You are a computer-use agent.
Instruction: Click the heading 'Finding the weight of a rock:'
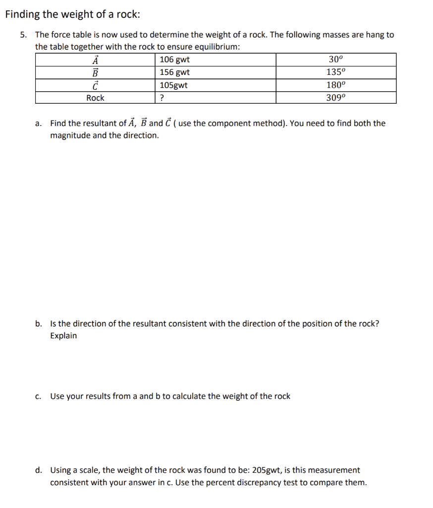point(72,14)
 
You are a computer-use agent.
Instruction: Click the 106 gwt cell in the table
point(174,60)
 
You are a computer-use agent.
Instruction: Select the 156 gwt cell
point(174,72)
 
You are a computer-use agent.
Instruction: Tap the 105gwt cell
point(173,85)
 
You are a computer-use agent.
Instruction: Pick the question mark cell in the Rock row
point(162,98)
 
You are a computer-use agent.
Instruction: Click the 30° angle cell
point(336,60)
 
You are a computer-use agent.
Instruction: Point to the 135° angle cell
point(336,72)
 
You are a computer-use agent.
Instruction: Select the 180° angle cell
point(336,85)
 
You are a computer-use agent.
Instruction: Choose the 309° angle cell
point(336,98)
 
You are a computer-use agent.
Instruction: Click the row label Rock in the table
point(95,98)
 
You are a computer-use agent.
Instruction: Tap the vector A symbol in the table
point(96,60)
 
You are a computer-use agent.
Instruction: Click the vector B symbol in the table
point(96,72)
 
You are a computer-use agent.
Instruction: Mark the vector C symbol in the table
point(96,85)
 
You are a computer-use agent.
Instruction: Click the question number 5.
point(23,35)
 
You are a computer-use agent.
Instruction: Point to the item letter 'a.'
point(39,124)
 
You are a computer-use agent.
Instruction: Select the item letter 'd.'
point(39,470)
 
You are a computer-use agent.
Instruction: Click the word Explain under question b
point(63,336)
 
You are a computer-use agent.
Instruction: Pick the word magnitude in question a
point(70,135)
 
